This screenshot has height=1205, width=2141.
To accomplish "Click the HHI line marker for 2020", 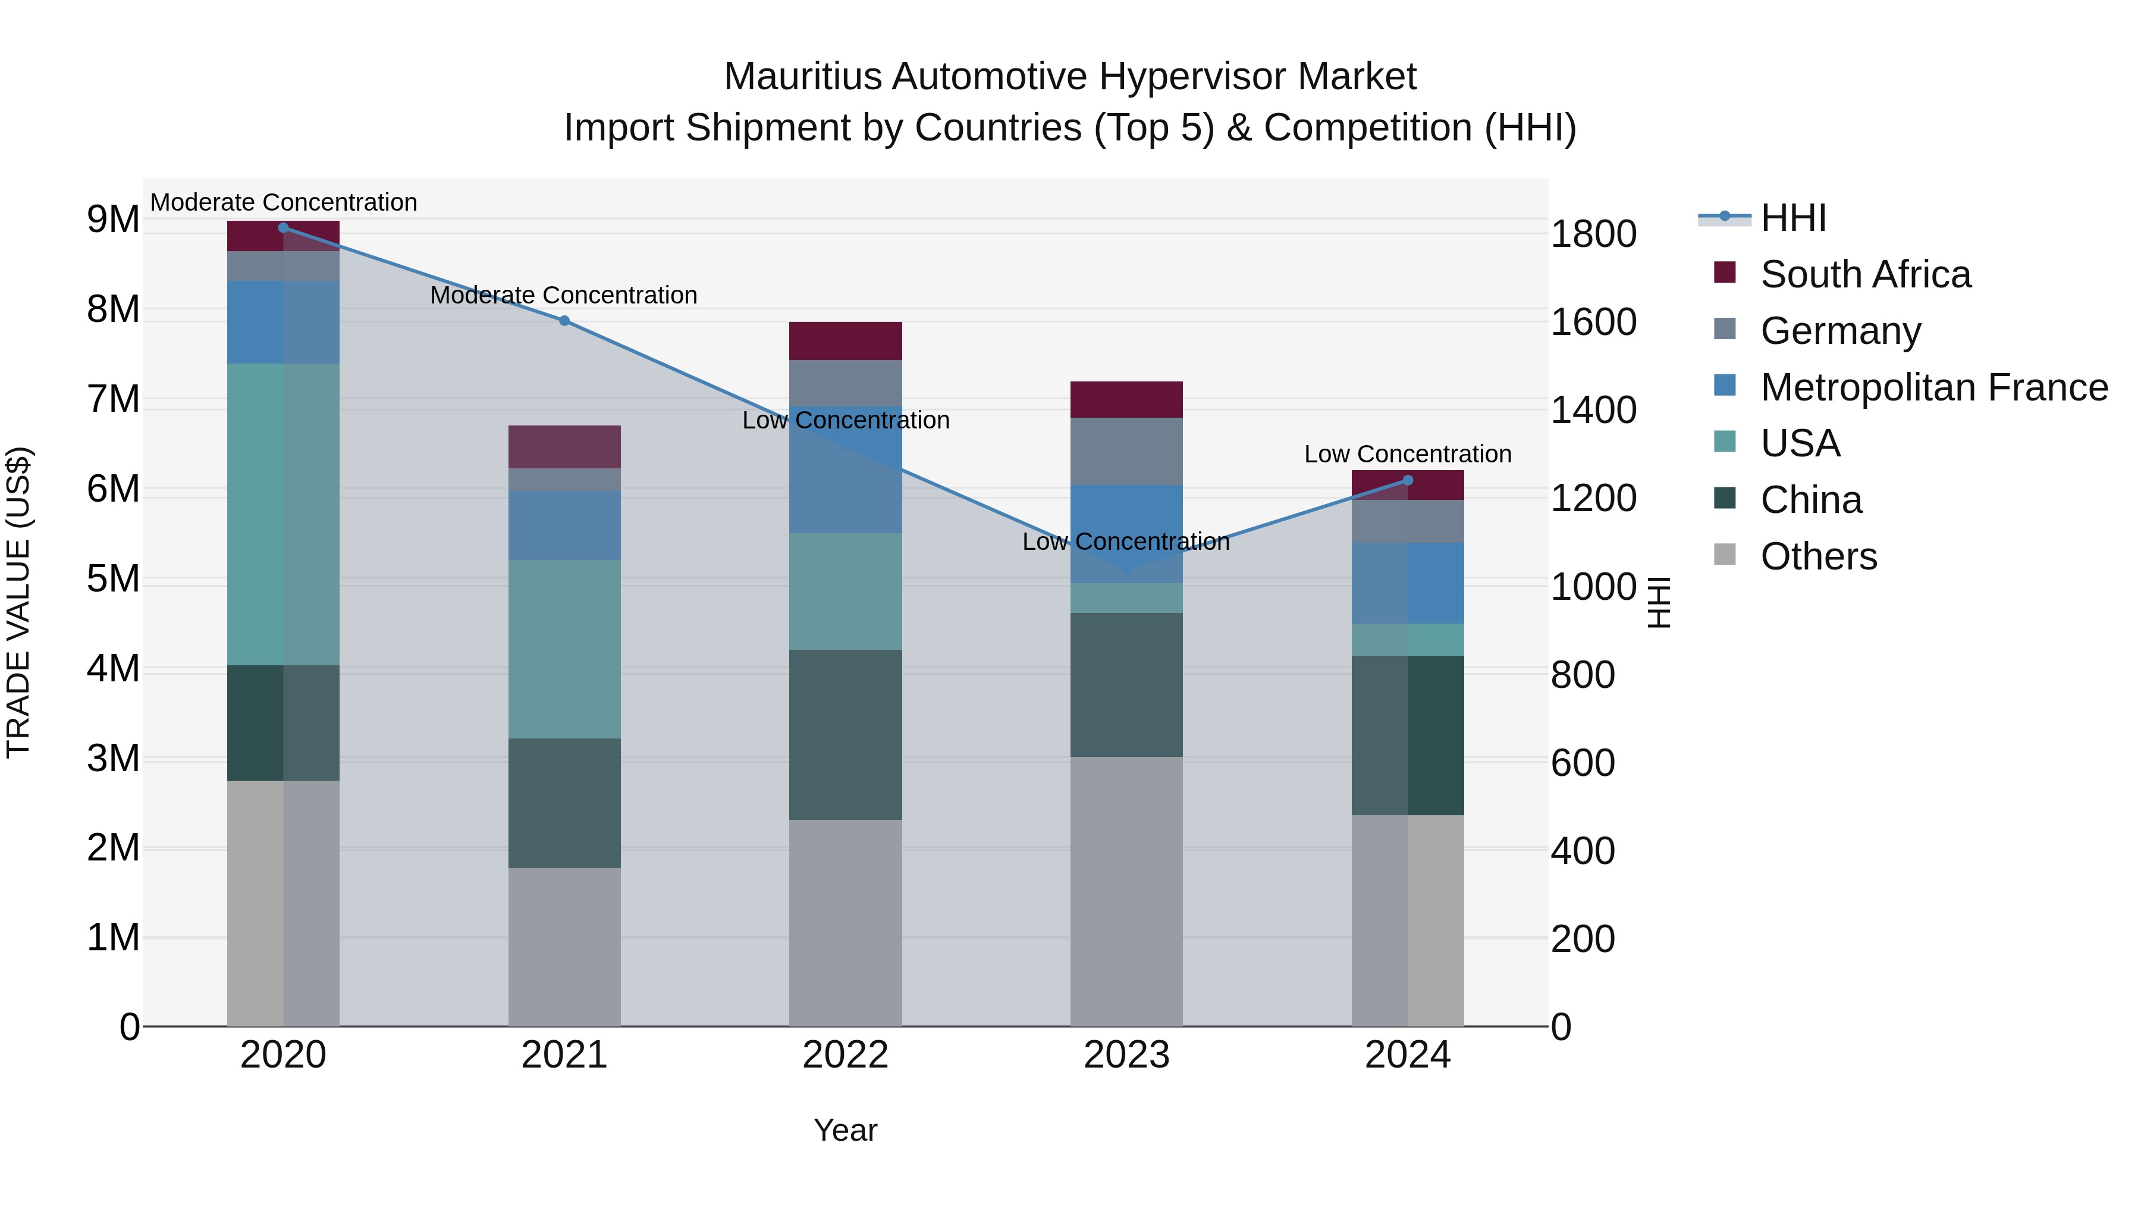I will click(284, 228).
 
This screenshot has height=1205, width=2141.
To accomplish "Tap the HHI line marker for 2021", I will click(564, 321).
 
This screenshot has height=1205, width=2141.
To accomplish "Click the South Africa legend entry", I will click(1865, 274).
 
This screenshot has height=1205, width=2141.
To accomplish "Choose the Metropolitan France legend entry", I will click(1934, 387).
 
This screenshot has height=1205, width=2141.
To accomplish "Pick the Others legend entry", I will click(1819, 556).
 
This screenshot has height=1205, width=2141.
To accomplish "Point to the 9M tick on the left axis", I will click(113, 220).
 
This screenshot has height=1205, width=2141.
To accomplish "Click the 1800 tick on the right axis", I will click(1593, 234).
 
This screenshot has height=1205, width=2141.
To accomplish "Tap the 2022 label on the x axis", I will click(845, 1055).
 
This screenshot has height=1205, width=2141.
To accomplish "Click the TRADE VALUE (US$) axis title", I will click(19, 603).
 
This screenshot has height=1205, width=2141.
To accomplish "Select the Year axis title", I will click(845, 1130).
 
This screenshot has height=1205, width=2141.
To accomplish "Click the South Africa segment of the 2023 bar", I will click(1126, 400).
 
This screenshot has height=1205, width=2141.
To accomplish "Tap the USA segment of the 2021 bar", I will click(564, 649).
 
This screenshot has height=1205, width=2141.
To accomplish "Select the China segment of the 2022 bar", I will click(845, 735).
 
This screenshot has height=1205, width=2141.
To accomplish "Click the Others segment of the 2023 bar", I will click(1126, 891).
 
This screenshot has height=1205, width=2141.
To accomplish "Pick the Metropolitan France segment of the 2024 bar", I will click(1408, 584).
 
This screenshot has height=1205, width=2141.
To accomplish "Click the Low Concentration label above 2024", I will click(1408, 455).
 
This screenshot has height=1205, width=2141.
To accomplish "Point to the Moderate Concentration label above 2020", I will click(284, 203).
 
